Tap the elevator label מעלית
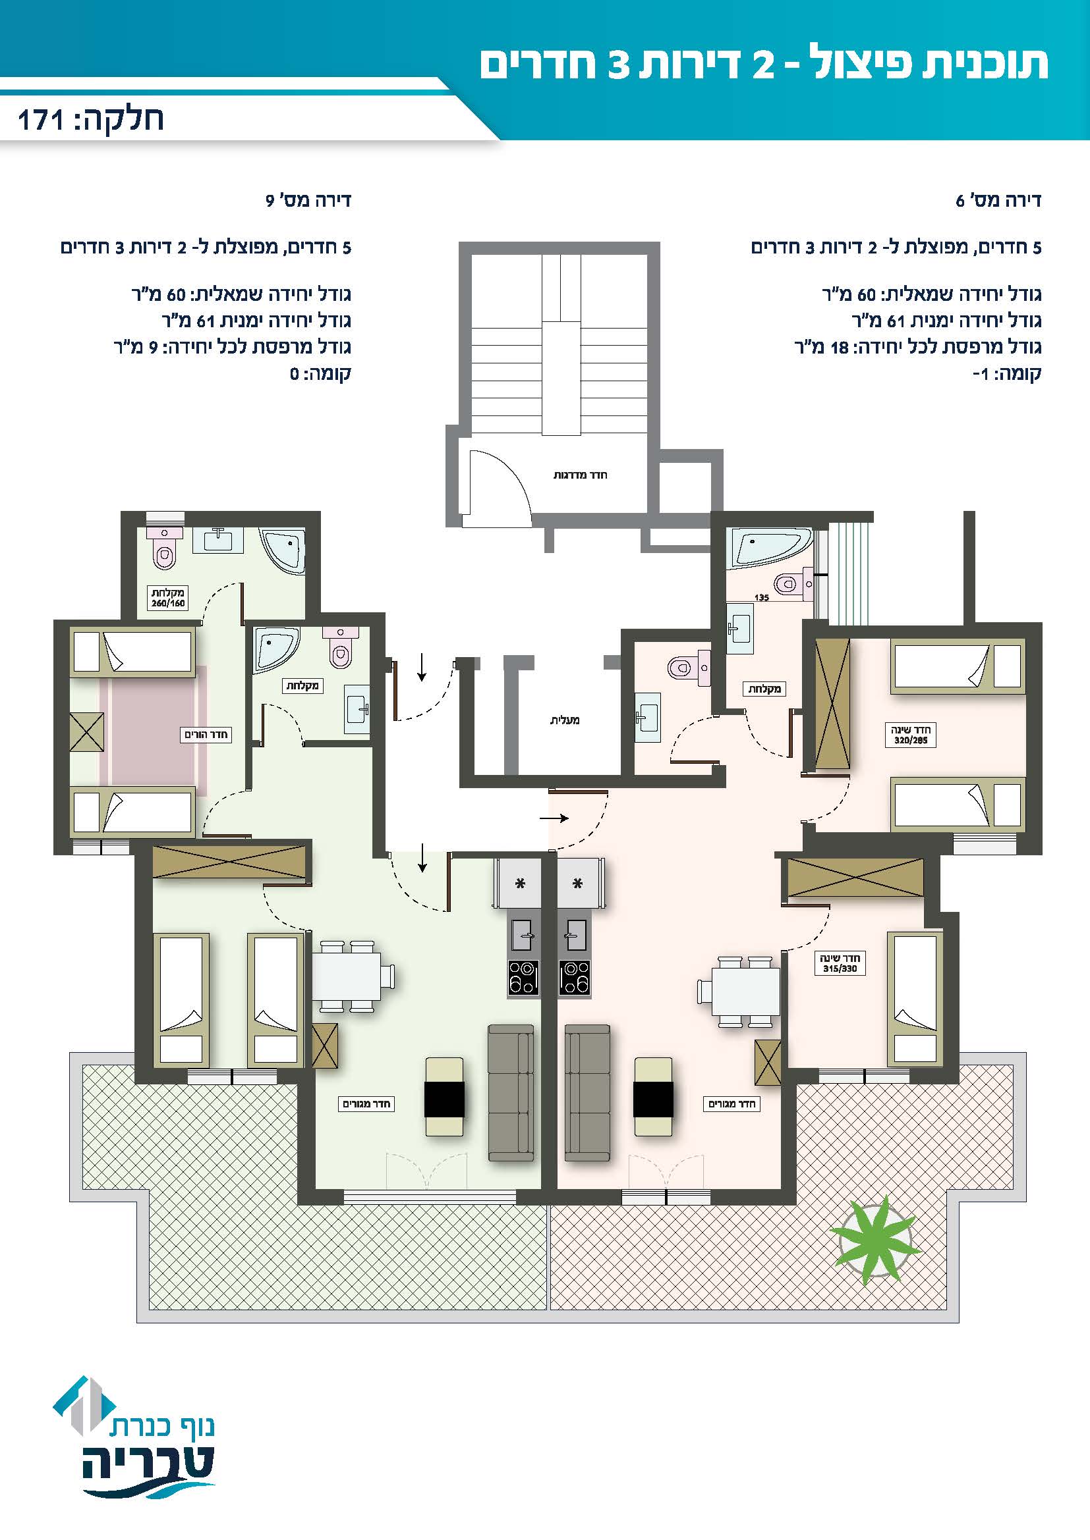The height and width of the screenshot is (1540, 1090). point(565,720)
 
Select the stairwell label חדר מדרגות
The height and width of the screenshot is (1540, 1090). point(580,475)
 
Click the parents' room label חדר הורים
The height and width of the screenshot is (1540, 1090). point(206,735)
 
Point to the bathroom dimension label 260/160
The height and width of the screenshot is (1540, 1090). point(168,603)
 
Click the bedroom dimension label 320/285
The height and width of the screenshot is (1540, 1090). point(911,741)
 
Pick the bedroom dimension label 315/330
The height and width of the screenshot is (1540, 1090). point(840,969)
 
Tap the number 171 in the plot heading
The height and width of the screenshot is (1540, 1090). point(41,120)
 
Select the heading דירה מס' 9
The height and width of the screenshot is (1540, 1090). point(308,201)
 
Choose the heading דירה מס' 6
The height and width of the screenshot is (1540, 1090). point(998,201)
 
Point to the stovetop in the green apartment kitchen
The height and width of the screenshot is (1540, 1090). point(523,977)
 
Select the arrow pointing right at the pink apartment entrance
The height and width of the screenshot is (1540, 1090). point(554,818)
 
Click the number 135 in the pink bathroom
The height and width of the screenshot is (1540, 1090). point(761,598)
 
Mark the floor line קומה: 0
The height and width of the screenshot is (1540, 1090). point(320,373)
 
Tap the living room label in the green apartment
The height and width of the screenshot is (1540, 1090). point(366,1103)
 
